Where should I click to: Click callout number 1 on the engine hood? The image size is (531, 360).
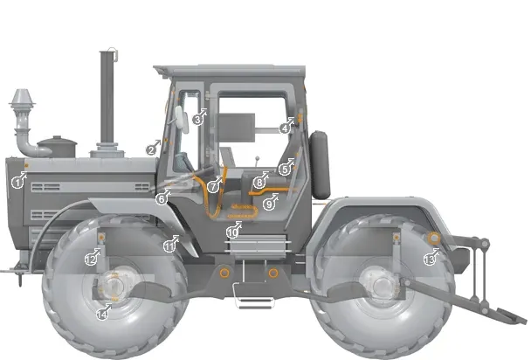(17, 182)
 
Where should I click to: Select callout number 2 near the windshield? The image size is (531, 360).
(151, 150)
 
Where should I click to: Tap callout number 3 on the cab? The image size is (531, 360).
(198, 119)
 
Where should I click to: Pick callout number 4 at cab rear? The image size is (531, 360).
(285, 128)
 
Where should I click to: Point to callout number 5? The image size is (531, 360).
(284, 168)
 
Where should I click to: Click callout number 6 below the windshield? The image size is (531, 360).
(162, 199)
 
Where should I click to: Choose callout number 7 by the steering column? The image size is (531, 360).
(213, 187)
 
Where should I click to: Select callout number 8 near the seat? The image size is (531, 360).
(259, 183)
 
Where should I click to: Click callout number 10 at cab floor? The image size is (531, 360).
(231, 232)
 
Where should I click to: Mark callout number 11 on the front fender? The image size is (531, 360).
(169, 246)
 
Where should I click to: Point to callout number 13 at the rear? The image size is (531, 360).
(429, 259)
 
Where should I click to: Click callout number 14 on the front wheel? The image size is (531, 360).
(101, 313)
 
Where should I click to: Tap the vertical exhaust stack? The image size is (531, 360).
(107, 96)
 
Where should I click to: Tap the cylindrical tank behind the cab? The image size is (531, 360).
(320, 163)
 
